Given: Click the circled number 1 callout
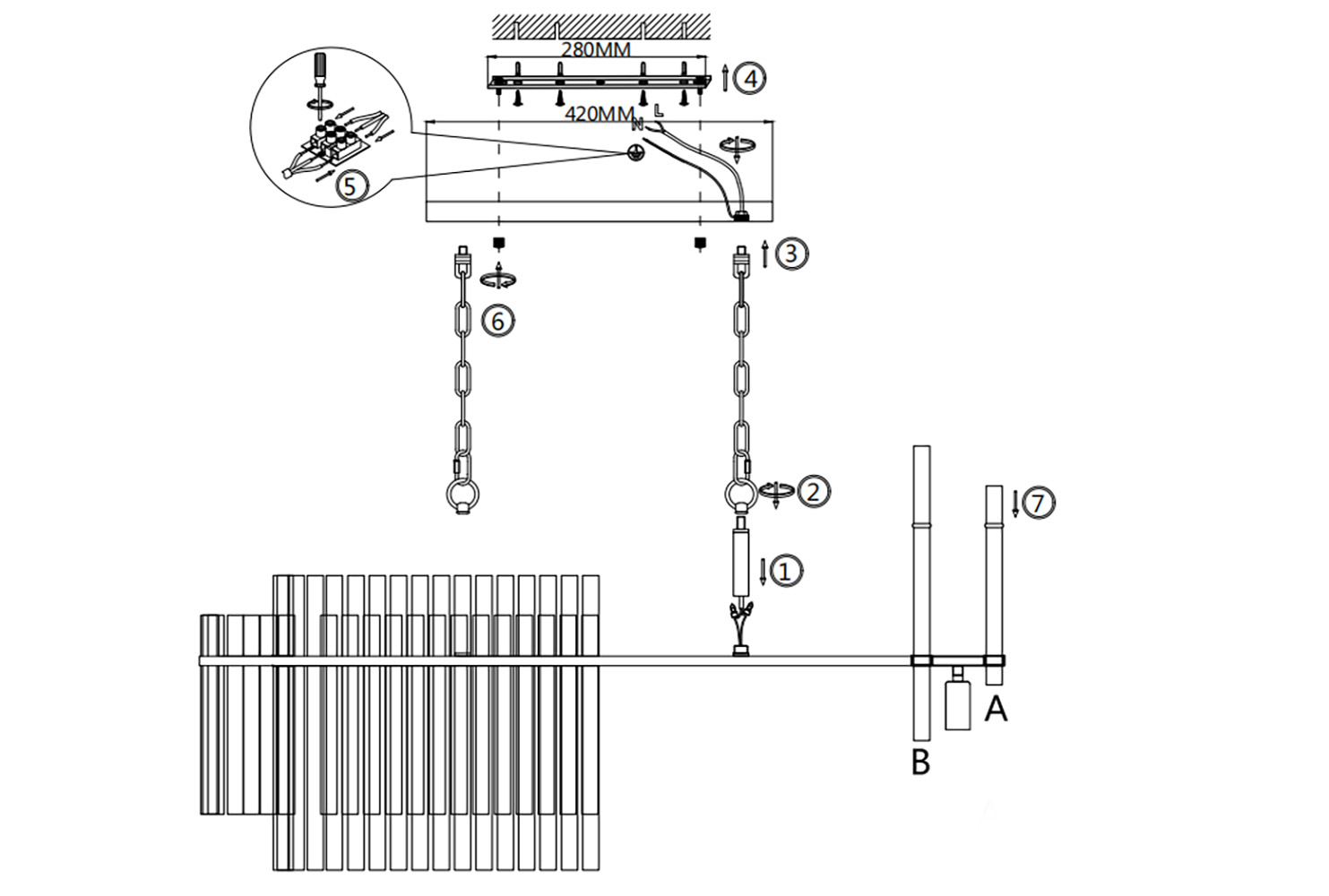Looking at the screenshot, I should click(785, 570).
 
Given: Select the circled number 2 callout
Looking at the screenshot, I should click(813, 490).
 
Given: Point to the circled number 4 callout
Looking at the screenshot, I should click(750, 79).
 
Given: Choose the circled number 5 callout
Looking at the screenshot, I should click(350, 185).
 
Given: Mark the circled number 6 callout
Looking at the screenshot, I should click(499, 320).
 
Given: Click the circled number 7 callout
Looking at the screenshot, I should click(1038, 504).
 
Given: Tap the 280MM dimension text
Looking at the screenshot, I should click(595, 49).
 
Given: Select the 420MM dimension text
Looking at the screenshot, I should click(600, 114).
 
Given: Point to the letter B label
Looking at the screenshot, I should click(920, 762).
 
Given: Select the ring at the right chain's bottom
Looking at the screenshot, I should click(741, 495).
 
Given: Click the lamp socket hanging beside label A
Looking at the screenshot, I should click(958, 702).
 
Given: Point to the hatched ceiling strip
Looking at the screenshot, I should click(601, 26).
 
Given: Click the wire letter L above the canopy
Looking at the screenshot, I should click(660, 112).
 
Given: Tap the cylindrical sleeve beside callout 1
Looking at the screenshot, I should click(741, 562).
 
